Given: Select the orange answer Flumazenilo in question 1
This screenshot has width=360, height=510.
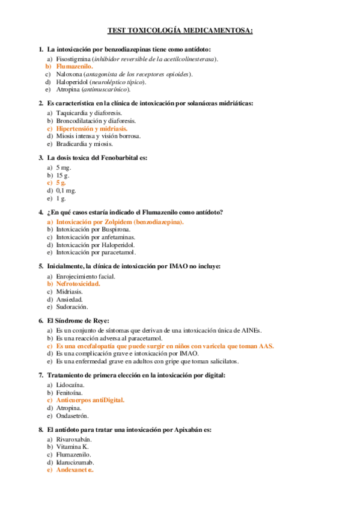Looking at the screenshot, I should click(x=75, y=67).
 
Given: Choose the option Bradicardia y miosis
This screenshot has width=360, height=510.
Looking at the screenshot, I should click(x=84, y=144).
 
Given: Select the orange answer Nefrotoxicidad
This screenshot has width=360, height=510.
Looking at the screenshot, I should click(x=78, y=284).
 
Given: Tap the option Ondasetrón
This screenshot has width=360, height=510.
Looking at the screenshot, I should click(x=72, y=416).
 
